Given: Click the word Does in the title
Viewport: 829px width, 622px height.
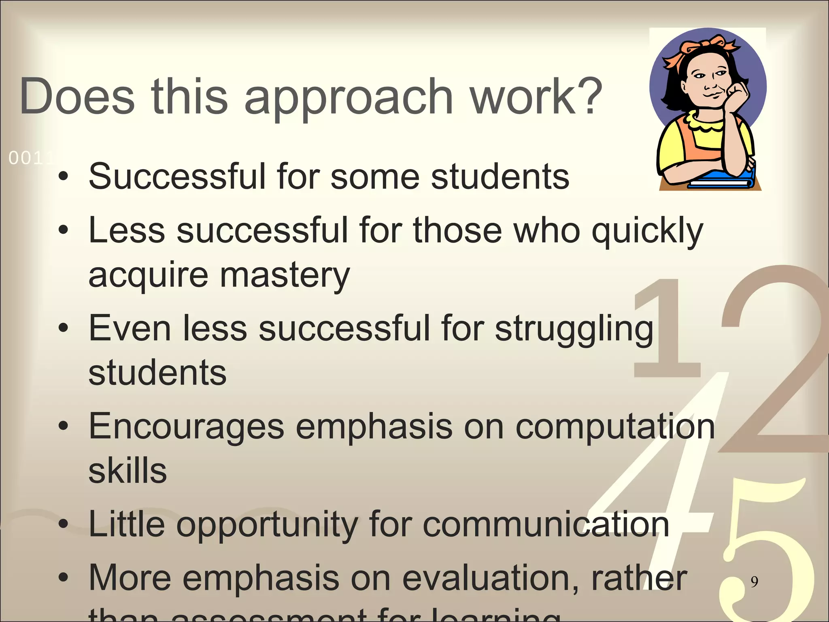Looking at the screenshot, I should coord(77,96).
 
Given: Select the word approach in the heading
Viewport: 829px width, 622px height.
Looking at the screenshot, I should coord(349,99).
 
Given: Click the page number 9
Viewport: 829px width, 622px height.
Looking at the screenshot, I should coord(754,582).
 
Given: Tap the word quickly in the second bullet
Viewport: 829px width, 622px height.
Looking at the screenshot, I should coord(647,231).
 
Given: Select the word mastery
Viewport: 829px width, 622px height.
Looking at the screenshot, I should coord(285,276).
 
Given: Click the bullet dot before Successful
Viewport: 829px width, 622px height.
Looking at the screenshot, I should coord(63,177).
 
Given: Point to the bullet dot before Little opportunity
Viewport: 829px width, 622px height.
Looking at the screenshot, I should coord(63,524).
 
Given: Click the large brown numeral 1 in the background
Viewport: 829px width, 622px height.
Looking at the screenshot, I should coord(668,328).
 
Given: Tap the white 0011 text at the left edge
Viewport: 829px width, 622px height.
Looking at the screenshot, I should coord(30,158).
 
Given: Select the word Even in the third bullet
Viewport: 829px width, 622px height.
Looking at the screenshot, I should coord(130,328).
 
